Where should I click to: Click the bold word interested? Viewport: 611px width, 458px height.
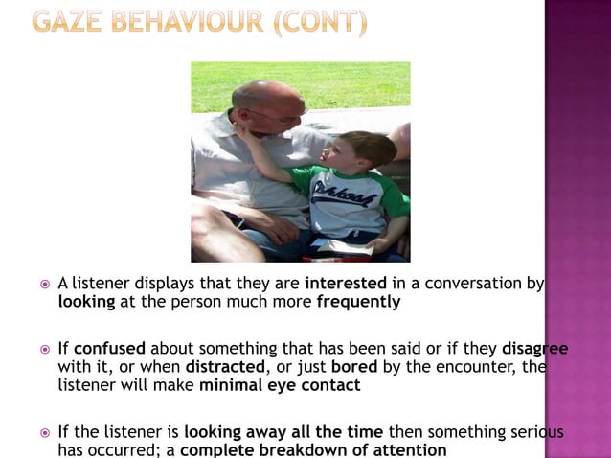coord(346,284)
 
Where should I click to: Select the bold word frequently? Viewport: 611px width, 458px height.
coord(358,301)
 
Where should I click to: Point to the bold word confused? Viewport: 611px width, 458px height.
coord(109,349)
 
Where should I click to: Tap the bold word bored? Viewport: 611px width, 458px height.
coord(353,367)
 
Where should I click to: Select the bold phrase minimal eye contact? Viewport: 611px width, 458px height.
coord(280,385)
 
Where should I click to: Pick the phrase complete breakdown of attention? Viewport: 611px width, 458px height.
coord(313,449)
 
